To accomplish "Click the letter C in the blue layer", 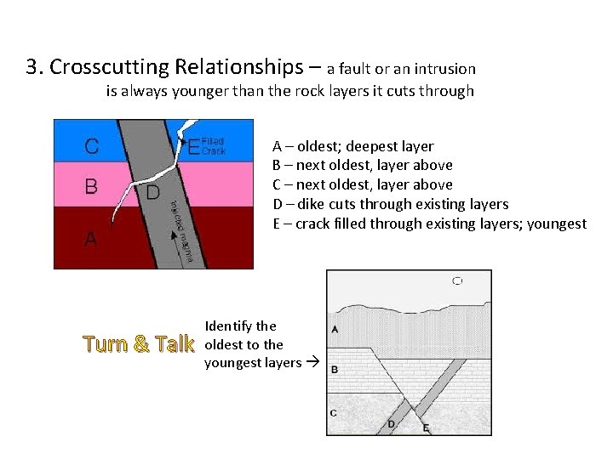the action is (91, 146).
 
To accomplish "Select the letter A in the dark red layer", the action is (90, 241).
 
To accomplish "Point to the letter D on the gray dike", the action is (153, 192).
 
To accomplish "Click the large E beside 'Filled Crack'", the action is (193, 148).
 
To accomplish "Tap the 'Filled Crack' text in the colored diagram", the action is (214, 146).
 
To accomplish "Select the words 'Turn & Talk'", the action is (139, 344).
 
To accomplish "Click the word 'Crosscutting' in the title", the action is (117, 66).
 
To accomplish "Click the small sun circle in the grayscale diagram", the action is (458, 280).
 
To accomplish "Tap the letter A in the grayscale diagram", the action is (335, 330).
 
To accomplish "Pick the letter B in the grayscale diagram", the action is (335, 370).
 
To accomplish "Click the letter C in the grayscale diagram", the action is (333, 413).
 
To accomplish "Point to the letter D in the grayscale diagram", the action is (391, 423).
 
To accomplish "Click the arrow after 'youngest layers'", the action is (312, 363).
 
